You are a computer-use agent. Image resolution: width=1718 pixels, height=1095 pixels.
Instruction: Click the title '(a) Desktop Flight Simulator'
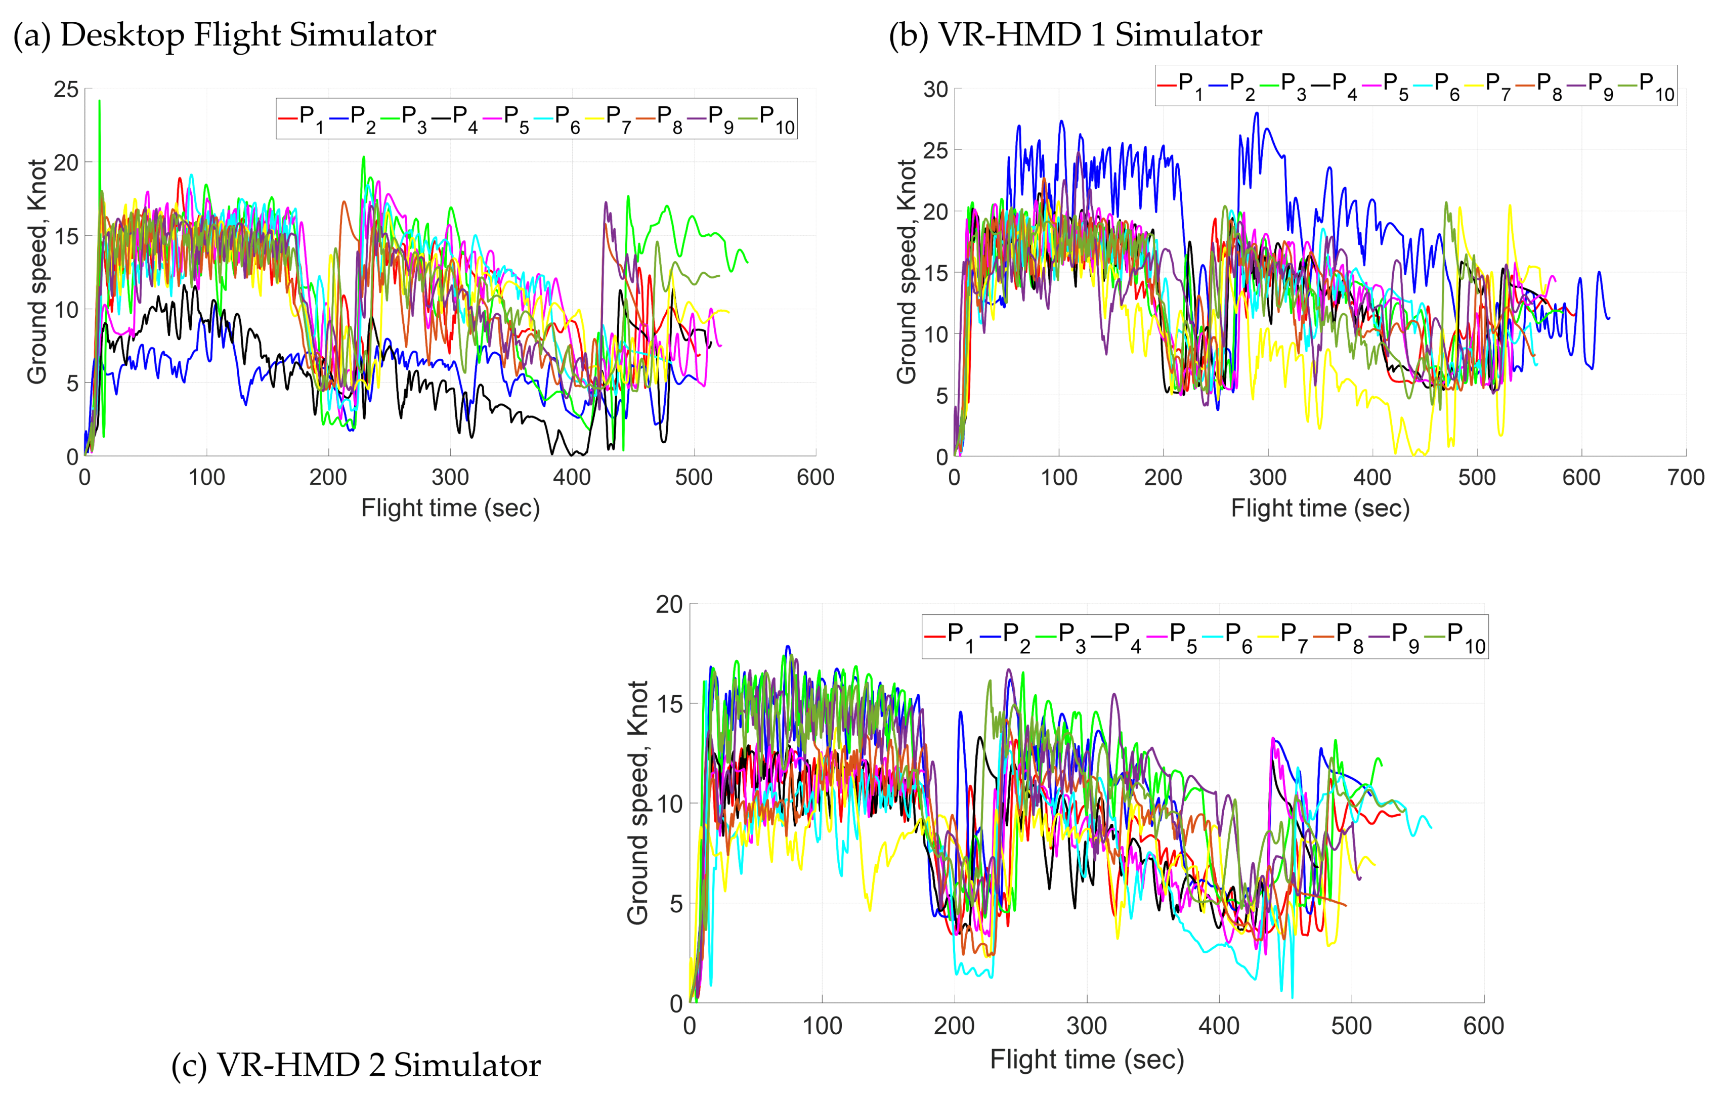click(224, 34)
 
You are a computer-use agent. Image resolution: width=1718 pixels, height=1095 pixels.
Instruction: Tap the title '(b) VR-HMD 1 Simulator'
click(1075, 34)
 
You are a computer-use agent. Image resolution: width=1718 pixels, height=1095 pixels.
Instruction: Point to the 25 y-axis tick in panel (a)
click(66, 89)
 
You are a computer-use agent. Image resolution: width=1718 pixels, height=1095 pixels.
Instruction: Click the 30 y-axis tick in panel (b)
click(935, 89)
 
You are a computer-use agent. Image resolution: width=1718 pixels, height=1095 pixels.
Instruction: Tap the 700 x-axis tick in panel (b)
click(1686, 477)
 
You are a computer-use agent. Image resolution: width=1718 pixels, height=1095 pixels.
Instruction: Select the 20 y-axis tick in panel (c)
click(669, 605)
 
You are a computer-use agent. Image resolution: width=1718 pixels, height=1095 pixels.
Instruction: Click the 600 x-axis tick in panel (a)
click(815, 477)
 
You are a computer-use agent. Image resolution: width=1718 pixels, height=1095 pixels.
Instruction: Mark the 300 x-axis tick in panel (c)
click(1087, 1026)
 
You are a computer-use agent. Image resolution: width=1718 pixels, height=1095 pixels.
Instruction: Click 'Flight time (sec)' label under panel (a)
click(450, 508)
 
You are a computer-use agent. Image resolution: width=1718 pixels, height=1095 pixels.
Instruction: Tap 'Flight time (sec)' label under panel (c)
click(1087, 1059)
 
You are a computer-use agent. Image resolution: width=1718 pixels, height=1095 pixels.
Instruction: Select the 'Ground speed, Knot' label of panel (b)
click(906, 271)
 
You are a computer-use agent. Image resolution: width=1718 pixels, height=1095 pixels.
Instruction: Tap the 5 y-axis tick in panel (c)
click(676, 904)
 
